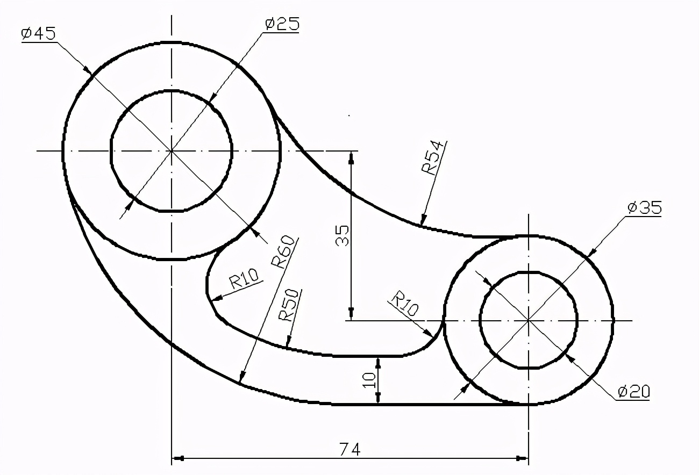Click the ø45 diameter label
coord(38,33)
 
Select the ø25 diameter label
coord(282,24)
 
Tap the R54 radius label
coord(433,158)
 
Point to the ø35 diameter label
coord(644,207)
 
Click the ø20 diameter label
coord(633,391)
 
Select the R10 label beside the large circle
coord(244,279)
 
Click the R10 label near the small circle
coord(404,304)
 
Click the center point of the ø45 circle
coord(171,151)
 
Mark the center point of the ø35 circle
coord(529,320)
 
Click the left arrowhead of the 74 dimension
coord(177,458)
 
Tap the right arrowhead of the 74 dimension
coord(522,458)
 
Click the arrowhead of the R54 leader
coord(423,221)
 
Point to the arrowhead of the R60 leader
coord(241,378)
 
